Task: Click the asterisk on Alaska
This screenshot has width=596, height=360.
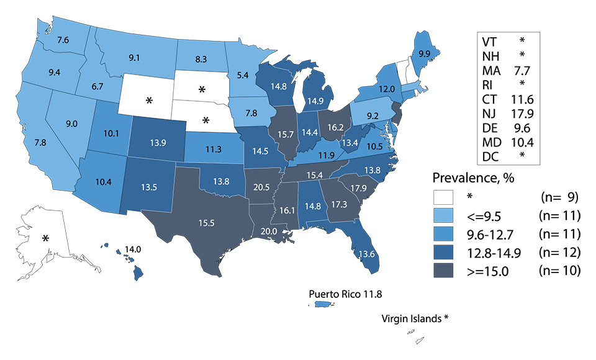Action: [45, 238]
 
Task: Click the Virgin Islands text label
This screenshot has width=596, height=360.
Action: [414, 318]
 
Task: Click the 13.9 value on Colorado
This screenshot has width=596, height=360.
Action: [158, 143]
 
